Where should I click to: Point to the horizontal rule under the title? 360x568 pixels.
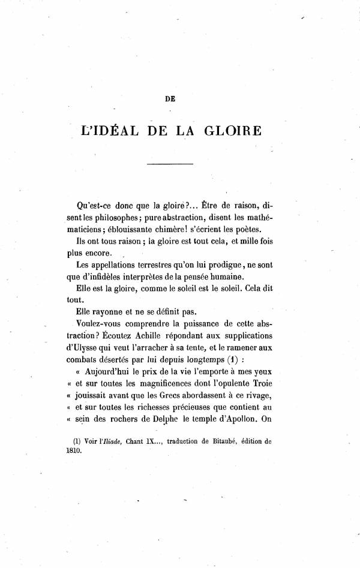pyautogui.click(x=170, y=164)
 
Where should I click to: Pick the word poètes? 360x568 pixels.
pyautogui.click(x=256, y=232)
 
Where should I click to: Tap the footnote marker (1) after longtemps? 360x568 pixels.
pyautogui.click(x=231, y=361)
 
